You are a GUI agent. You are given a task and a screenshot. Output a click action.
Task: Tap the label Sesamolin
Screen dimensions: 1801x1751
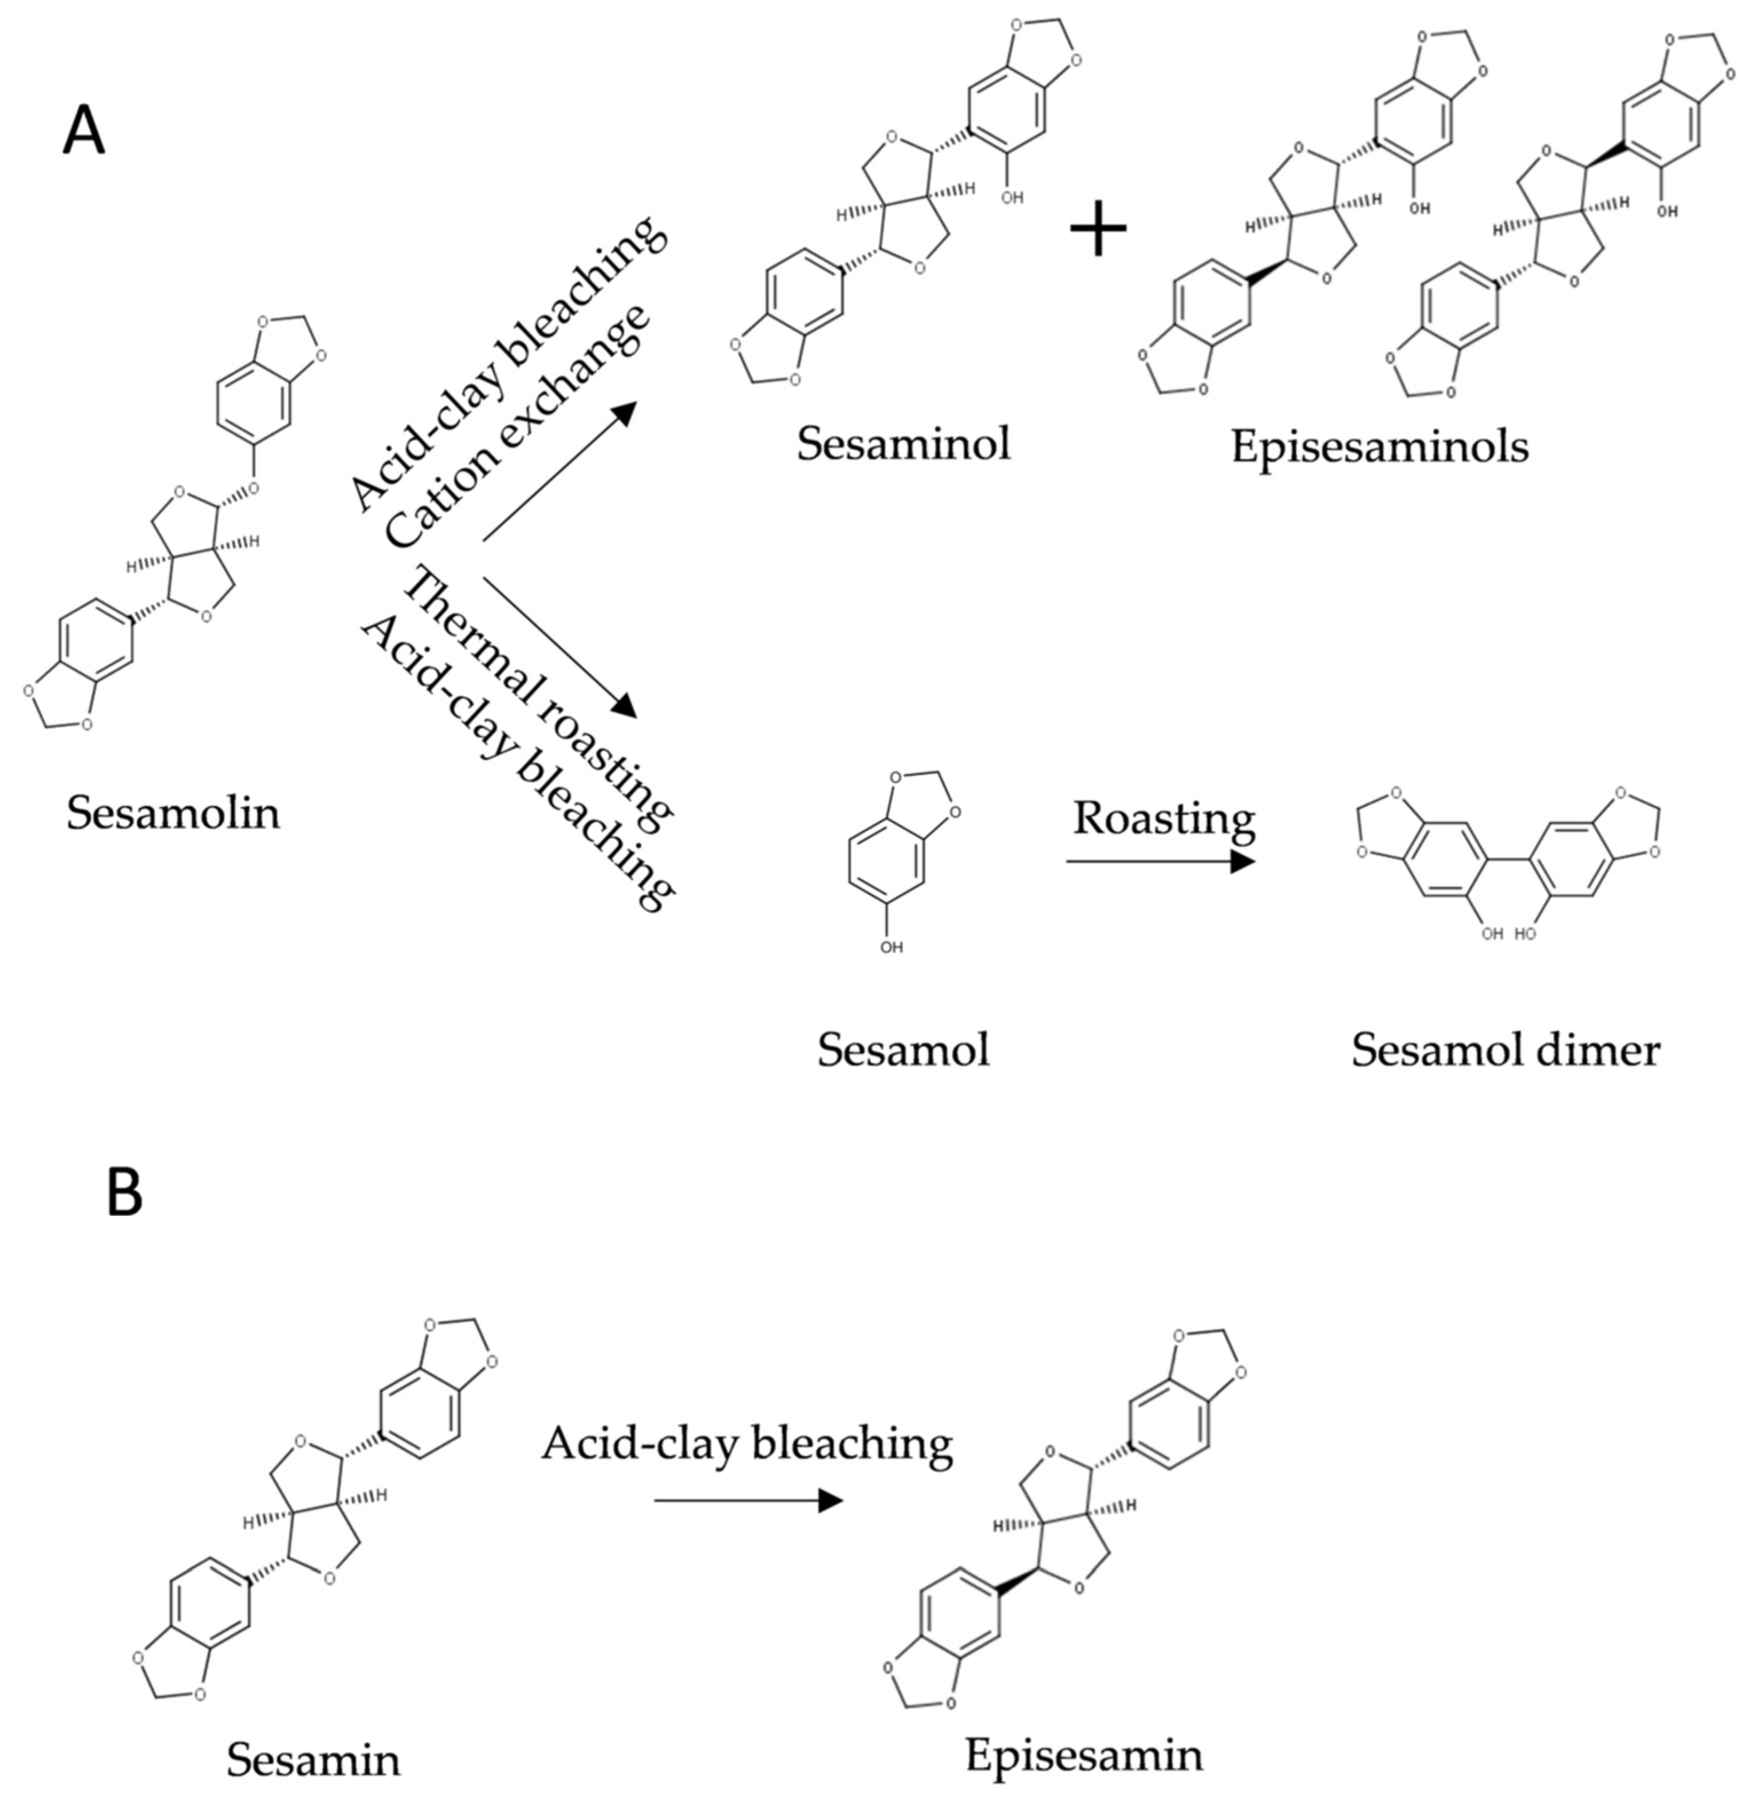point(173,814)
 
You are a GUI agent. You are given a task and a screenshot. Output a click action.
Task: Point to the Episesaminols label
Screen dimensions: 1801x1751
point(1379,447)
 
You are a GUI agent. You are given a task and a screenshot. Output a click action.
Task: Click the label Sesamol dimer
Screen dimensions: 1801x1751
point(1505,1050)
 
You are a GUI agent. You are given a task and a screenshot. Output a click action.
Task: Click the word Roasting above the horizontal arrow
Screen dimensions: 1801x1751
point(1164,817)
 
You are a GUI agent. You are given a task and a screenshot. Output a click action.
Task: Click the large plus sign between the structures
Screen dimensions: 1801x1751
point(1098,226)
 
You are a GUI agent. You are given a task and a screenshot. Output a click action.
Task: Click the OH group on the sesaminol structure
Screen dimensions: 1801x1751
point(1012,197)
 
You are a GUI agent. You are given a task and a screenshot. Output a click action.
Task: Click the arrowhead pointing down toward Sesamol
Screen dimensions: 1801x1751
point(625,706)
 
